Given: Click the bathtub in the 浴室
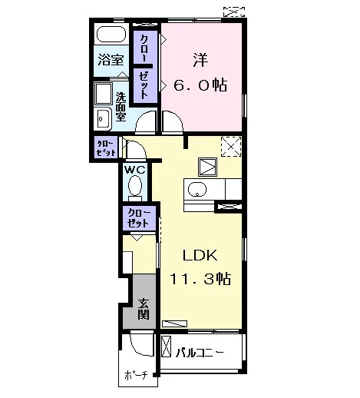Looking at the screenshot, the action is [111, 35].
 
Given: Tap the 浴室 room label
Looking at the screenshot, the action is [111, 60].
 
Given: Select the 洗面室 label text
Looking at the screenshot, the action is [121, 107].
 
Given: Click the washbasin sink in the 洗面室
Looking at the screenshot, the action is [103, 118].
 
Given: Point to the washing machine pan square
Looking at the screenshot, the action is [104, 94].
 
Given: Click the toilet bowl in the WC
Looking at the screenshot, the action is [135, 186].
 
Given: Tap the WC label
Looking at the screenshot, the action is [134, 170].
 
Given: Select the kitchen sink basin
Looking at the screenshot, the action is [197, 190].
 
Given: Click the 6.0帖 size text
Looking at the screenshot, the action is [200, 85].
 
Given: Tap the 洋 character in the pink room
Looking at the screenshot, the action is [200, 60].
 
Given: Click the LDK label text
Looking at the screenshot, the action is [200, 255].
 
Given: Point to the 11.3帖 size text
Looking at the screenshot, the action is [200, 279].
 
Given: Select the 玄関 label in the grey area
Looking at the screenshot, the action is [144, 309].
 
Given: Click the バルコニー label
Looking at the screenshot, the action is [200, 353].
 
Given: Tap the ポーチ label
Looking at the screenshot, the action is [137, 376].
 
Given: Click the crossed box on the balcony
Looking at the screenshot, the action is [167, 347].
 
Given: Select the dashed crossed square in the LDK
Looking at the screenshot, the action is [231, 147].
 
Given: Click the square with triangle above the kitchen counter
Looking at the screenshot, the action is [208, 167].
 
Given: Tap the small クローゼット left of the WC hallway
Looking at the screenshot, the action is [106, 148].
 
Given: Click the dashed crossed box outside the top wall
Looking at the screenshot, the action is [234, 12].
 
